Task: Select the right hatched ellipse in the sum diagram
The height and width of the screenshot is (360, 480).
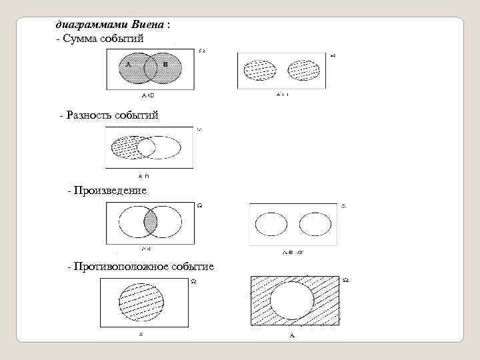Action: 304,70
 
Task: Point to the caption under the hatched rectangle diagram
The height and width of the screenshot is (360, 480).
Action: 292,335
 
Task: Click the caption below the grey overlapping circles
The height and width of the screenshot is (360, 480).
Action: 148,95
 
